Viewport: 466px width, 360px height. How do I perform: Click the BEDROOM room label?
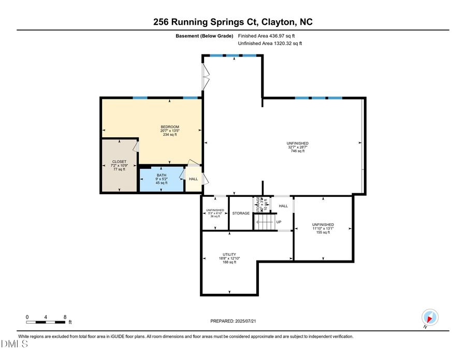pos(170,127)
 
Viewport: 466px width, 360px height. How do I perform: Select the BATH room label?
pos(162,175)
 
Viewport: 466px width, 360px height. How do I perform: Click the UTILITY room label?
pos(229,254)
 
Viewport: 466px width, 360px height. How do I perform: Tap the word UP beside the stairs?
pos(279,222)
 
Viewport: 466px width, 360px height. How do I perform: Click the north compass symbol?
pos(430,316)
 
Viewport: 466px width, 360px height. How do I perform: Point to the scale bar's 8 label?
pos(65,317)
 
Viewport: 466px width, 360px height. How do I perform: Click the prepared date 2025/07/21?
pos(233,321)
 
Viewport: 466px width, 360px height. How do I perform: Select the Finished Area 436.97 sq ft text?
pos(266,36)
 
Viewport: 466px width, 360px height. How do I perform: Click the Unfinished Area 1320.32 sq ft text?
pos(269,44)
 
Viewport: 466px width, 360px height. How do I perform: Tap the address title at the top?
pos(232,22)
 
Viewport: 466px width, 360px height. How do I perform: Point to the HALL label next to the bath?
pos(193,179)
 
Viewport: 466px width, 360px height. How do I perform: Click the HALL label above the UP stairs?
pos(283,206)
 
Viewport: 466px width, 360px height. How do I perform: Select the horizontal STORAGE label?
pos(241,213)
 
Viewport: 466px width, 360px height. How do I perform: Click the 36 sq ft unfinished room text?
pos(215,216)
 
